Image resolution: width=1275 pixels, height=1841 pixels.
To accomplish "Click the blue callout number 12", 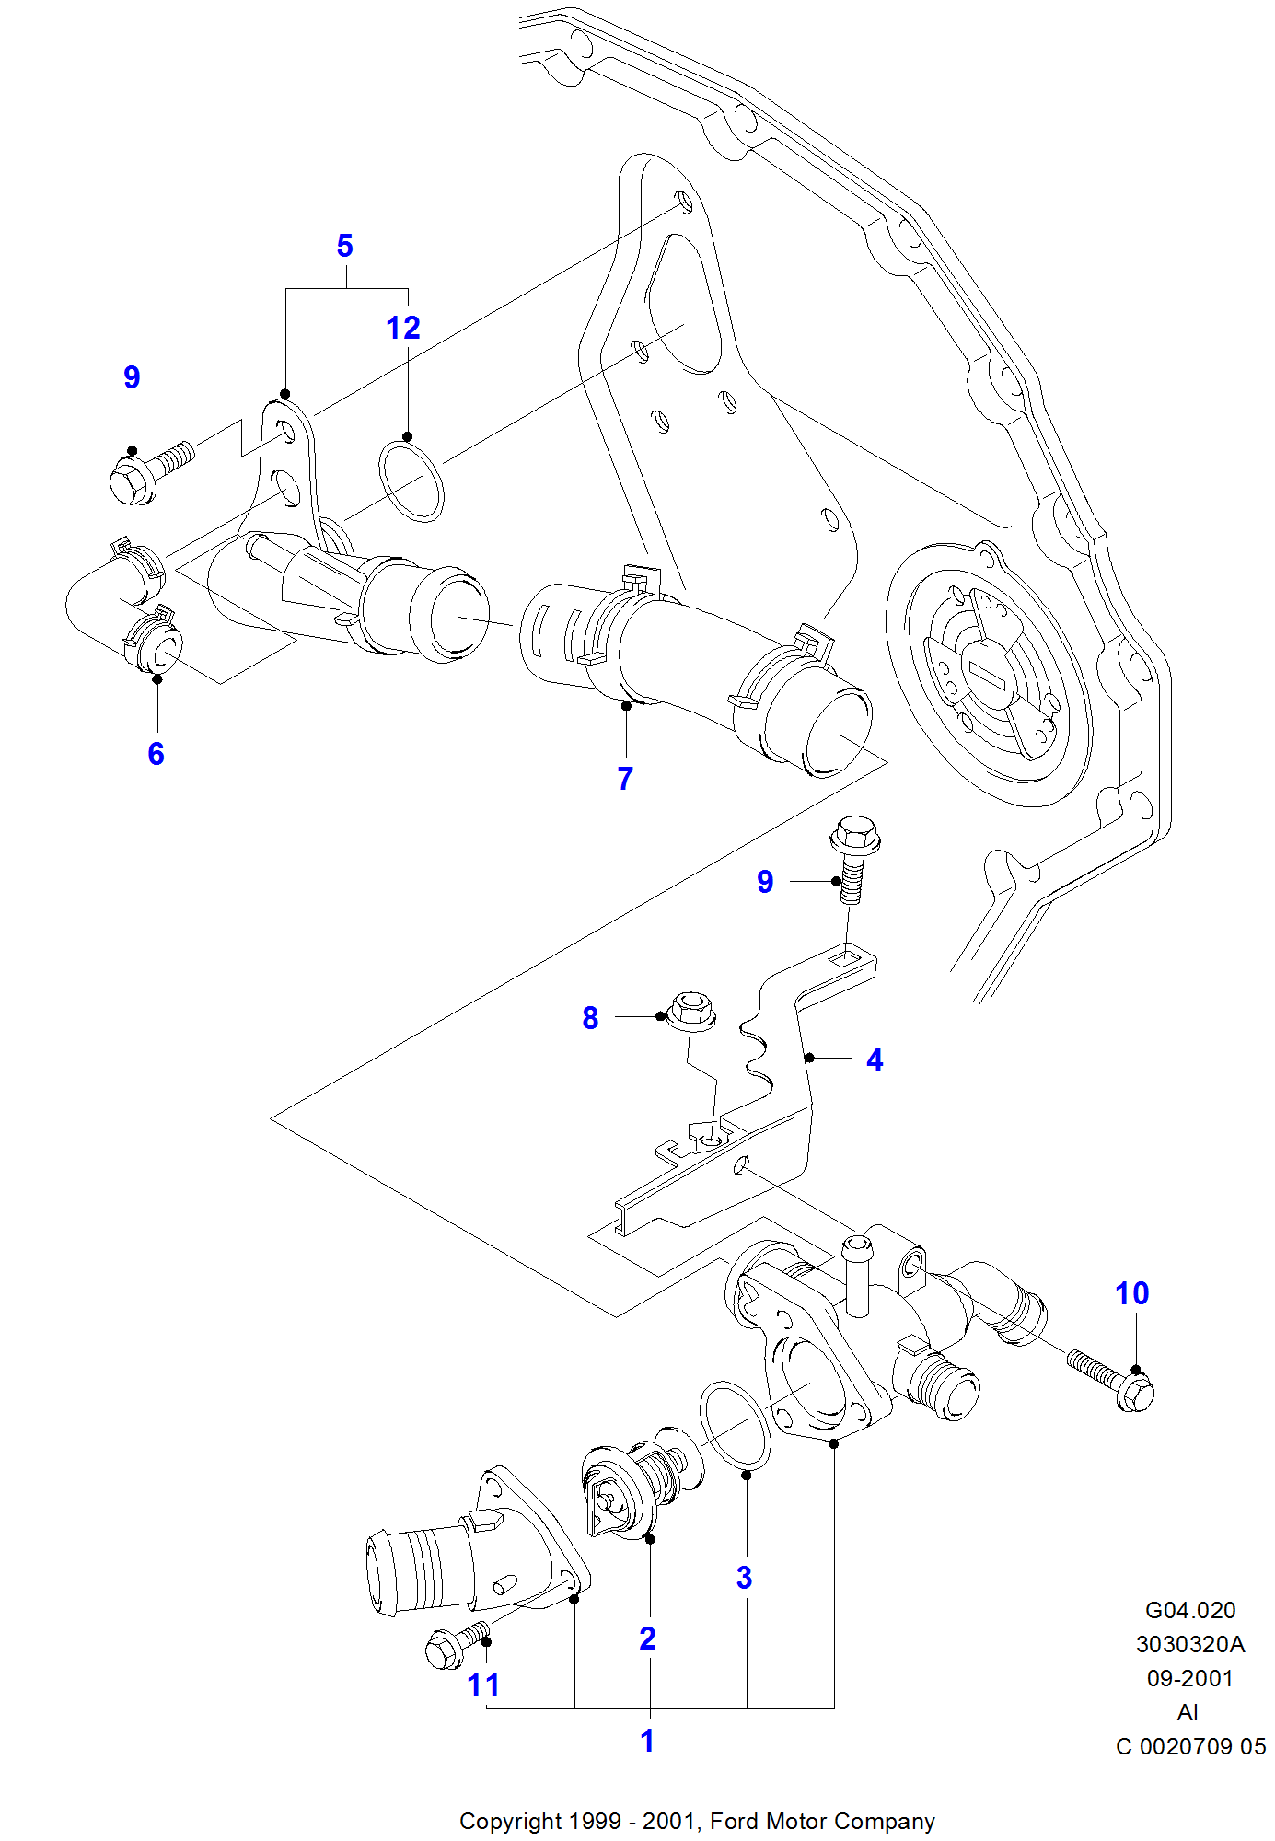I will [403, 328].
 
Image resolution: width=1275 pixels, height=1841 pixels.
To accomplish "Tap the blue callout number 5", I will [345, 246].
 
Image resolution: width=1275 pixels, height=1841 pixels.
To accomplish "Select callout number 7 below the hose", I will [626, 779].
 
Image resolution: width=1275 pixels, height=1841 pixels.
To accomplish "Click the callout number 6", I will [156, 754].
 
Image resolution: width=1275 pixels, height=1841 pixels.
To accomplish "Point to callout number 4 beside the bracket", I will [875, 1059].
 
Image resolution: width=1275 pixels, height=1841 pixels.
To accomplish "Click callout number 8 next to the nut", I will [590, 1018].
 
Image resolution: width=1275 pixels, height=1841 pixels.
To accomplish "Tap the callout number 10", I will [1132, 1293].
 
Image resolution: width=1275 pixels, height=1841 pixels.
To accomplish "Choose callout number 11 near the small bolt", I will [483, 1685].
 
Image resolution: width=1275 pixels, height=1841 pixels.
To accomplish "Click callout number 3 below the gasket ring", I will [745, 1578].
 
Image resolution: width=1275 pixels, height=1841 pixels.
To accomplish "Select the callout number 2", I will [648, 1638].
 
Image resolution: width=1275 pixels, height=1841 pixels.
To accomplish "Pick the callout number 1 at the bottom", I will [648, 1741].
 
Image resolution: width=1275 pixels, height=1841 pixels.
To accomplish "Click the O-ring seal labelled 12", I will [411, 481].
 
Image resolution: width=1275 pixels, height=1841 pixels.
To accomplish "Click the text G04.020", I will [1189, 1610].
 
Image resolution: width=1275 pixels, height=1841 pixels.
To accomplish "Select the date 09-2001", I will [1189, 1678].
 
